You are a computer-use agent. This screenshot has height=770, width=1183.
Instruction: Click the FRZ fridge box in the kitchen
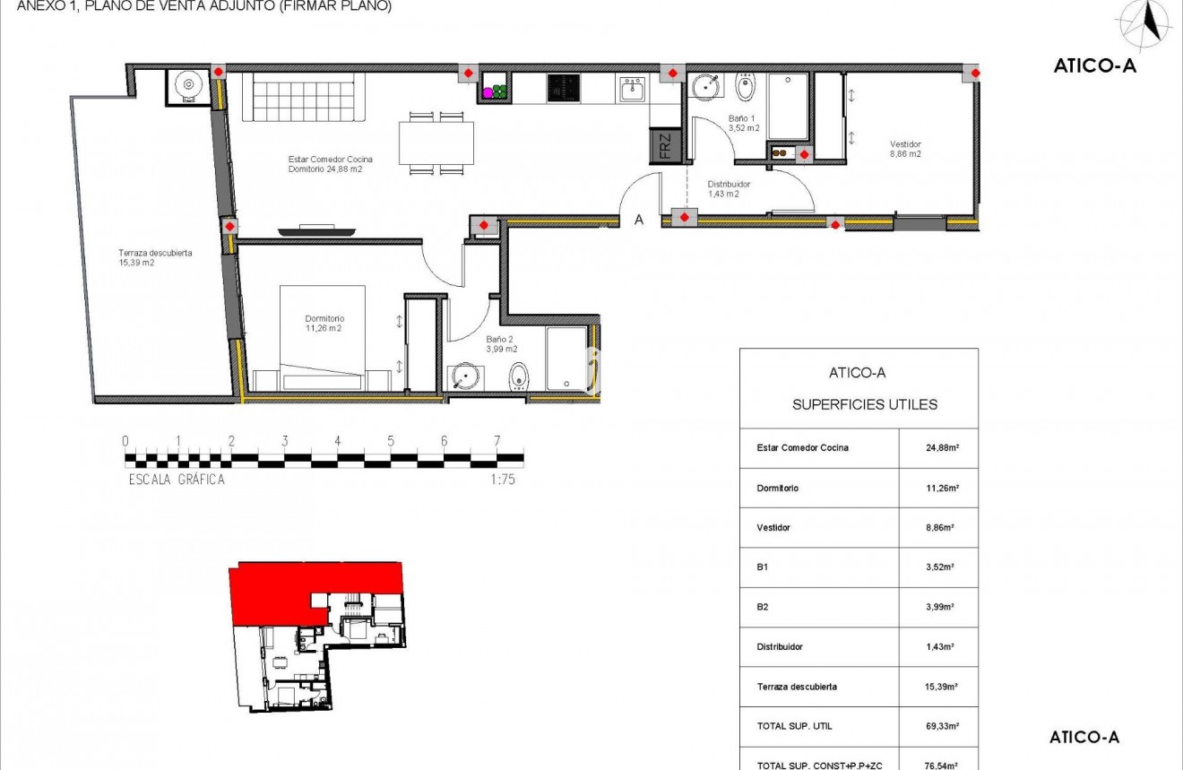[x=664, y=145]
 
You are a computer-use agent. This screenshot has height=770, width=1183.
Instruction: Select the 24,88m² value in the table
[x=938, y=448]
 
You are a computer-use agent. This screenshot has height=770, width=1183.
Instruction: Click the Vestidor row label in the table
[x=773, y=528]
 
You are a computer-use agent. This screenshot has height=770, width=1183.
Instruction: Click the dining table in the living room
[x=436, y=143]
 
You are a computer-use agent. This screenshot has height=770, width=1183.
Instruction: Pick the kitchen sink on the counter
[x=633, y=89]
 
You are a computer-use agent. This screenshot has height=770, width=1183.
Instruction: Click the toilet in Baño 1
[x=746, y=88]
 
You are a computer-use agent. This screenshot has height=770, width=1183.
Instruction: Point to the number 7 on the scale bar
[x=497, y=441]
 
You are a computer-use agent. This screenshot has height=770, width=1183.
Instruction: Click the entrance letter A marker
[x=639, y=221]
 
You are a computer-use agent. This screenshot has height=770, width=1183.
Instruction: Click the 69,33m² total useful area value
[x=938, y=726]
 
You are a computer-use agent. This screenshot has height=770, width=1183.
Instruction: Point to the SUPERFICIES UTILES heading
[x=865, y=405]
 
